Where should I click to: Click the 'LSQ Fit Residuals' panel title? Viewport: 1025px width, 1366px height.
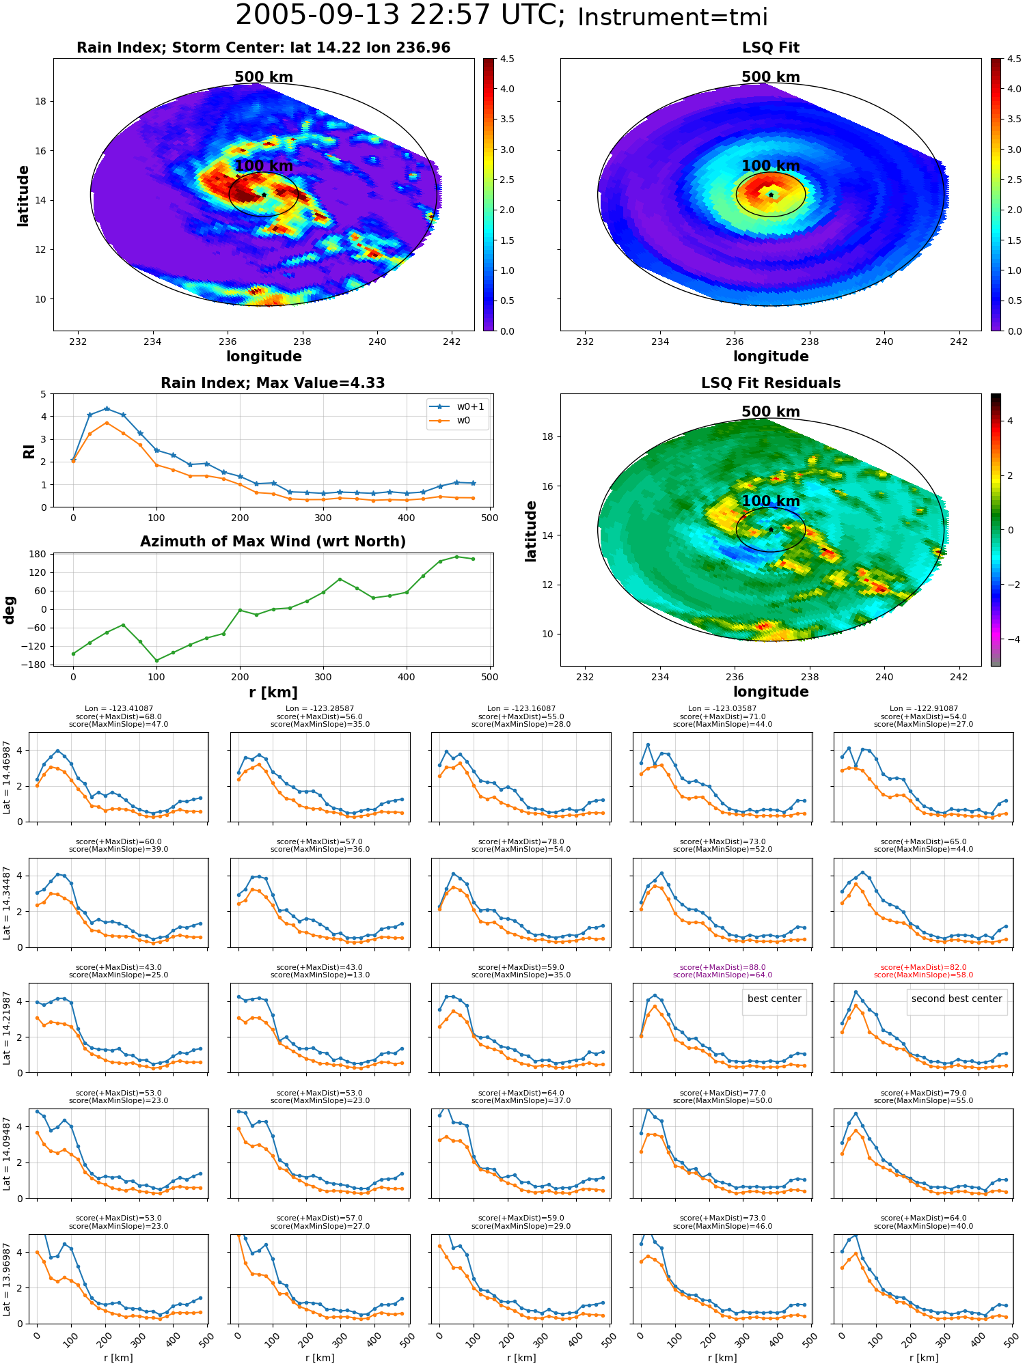771,383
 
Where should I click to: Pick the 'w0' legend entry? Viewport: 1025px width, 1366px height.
450,421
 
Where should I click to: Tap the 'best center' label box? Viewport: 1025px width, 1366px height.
774,999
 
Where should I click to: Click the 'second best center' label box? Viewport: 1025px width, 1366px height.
957,999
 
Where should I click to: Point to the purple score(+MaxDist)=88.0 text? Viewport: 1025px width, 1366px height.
722,967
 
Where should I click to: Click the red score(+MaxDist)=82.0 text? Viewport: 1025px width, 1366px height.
923,967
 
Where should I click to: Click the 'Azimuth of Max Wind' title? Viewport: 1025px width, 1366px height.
273,542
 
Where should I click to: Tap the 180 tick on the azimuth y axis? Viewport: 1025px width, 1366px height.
38,554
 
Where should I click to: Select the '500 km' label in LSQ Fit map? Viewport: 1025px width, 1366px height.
771,77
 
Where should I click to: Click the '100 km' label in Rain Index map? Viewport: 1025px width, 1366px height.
264,166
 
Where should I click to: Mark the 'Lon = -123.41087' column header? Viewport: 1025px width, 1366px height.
118,708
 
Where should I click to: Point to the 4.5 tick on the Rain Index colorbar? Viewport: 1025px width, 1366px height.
507,59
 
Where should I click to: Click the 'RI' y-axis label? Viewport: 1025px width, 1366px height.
29,451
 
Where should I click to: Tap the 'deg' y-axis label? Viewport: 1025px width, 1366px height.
9,610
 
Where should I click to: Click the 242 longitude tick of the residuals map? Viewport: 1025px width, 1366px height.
959,677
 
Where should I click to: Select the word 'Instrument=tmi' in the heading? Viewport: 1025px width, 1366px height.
672,18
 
